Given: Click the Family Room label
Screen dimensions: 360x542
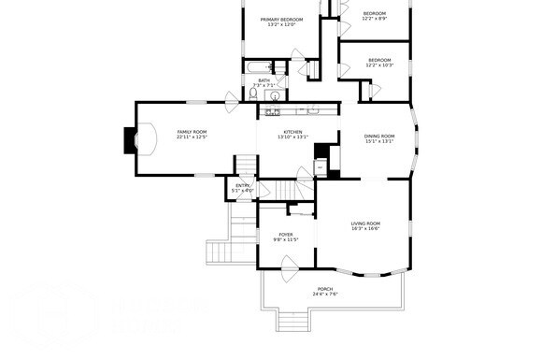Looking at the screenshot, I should (192, 132).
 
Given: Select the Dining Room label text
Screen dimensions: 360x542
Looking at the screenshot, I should (379, 137).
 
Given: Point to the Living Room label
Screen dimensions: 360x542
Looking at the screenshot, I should (365, 223).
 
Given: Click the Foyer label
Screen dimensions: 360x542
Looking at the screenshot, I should (286, 235).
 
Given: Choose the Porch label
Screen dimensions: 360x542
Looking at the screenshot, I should (325, 289).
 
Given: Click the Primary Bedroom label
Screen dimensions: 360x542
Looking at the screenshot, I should (281, 20).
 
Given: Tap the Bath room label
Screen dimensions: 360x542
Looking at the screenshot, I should (264, 80).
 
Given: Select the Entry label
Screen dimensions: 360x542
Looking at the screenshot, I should (243, 185).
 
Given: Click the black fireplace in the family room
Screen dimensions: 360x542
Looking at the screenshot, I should (130, 139).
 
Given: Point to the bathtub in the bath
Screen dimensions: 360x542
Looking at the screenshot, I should (255, 66).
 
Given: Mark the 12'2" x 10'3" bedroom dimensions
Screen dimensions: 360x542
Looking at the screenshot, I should (380, 65).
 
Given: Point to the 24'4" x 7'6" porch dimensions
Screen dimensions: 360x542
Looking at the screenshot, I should (325, 295).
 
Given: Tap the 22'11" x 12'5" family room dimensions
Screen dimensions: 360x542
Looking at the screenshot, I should (192, 137).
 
